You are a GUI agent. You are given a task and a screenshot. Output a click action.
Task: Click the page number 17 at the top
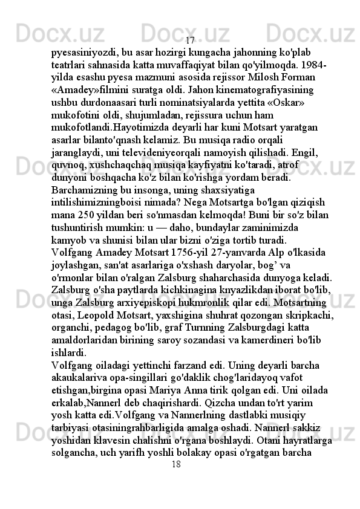190,41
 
